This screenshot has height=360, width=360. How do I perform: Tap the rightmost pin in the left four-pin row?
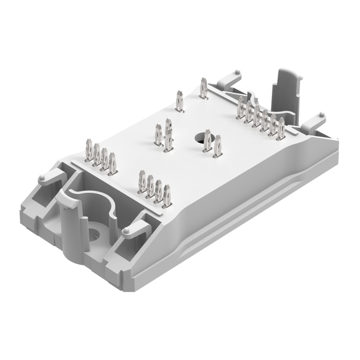point(113,165)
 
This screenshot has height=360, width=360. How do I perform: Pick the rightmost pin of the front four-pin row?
point(166,195)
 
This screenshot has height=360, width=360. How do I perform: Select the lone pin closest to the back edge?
point(203,88)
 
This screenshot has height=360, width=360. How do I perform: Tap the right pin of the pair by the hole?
point(217,146)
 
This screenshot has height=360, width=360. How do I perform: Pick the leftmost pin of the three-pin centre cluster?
point(158,135)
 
